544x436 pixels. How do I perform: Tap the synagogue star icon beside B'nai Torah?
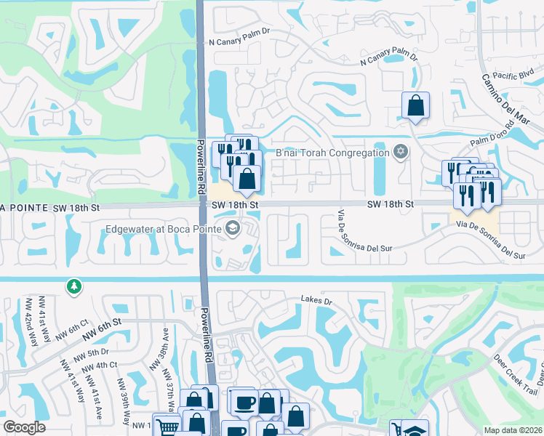[399, 152]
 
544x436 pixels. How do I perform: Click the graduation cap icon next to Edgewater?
[232, 229]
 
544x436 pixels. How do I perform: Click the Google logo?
[25, 427]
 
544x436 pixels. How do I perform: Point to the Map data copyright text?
[513, 429]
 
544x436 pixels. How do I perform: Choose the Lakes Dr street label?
[316, 300]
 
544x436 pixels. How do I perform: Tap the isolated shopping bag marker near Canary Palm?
[415, 105]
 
